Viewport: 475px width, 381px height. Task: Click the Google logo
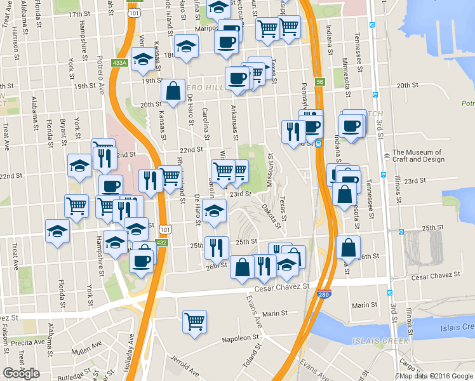[22, 373]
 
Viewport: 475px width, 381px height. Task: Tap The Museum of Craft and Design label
[417, 156]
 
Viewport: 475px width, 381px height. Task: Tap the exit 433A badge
[119, 63]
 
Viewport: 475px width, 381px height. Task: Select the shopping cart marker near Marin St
[194, 321]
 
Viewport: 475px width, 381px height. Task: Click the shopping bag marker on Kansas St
[173, 90]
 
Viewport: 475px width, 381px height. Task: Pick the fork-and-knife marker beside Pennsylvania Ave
[293, 131]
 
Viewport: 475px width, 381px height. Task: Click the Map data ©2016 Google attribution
[436, 376]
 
